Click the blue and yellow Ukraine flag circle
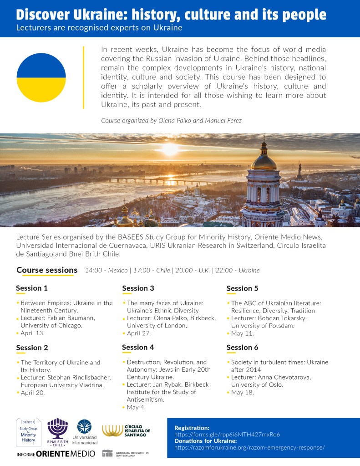point(41,77)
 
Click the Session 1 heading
point(32,288)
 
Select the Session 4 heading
point(138,347)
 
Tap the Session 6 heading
point(242,347)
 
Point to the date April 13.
point(33,333)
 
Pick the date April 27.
point(139,333)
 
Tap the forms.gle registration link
point(227,435)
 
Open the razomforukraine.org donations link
point(249,447)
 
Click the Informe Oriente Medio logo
point(56,454)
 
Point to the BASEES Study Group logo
point(28,431)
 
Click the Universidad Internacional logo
point(85,432)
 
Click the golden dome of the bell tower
point(264,161)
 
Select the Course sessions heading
point(47,270)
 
